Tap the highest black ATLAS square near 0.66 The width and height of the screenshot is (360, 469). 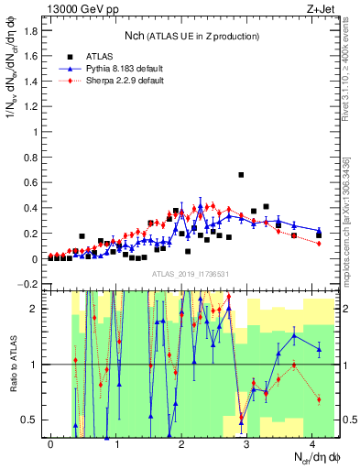(x=241, y=175)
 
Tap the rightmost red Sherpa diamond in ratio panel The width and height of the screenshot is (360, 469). (x=319, y=399)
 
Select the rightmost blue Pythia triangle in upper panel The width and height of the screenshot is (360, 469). (x=319, y=231)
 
